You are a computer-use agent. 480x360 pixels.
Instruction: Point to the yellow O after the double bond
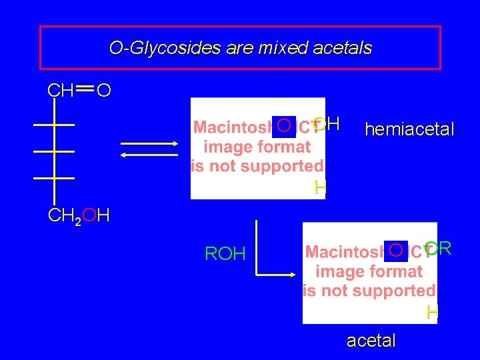coord(103,90)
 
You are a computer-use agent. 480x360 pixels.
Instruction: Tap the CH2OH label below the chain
coord(79,216)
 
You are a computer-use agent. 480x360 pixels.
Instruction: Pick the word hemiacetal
coord(409,129)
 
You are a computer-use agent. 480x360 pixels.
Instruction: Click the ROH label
coord(225,254)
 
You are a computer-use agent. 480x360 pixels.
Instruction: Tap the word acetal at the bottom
coord(371,341)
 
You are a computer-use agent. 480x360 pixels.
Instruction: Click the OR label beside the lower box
coord(439,249)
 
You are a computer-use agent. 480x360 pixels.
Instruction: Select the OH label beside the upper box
coord(327,123)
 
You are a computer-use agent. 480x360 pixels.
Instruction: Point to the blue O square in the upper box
coord(283,125)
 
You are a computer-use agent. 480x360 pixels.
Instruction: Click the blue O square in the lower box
coord(396,251)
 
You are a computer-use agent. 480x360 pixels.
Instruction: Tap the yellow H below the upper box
coord(321,188)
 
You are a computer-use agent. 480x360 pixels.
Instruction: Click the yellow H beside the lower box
coord(433,312)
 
